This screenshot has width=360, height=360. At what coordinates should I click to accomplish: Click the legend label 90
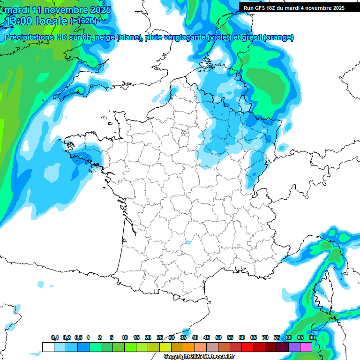312,337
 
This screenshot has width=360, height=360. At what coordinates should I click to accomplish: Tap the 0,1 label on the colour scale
55,337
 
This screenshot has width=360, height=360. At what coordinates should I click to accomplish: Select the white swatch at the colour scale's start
48,347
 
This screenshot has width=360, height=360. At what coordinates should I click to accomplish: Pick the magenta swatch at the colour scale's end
306,347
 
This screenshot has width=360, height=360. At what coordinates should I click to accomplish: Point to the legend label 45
207,337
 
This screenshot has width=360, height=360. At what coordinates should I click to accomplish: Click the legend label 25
160,337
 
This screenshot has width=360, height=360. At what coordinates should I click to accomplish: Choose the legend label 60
242,337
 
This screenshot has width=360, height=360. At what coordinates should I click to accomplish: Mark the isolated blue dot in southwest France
188,242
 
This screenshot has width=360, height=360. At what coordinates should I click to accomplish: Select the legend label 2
100,337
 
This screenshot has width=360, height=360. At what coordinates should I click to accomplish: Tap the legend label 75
277,337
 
